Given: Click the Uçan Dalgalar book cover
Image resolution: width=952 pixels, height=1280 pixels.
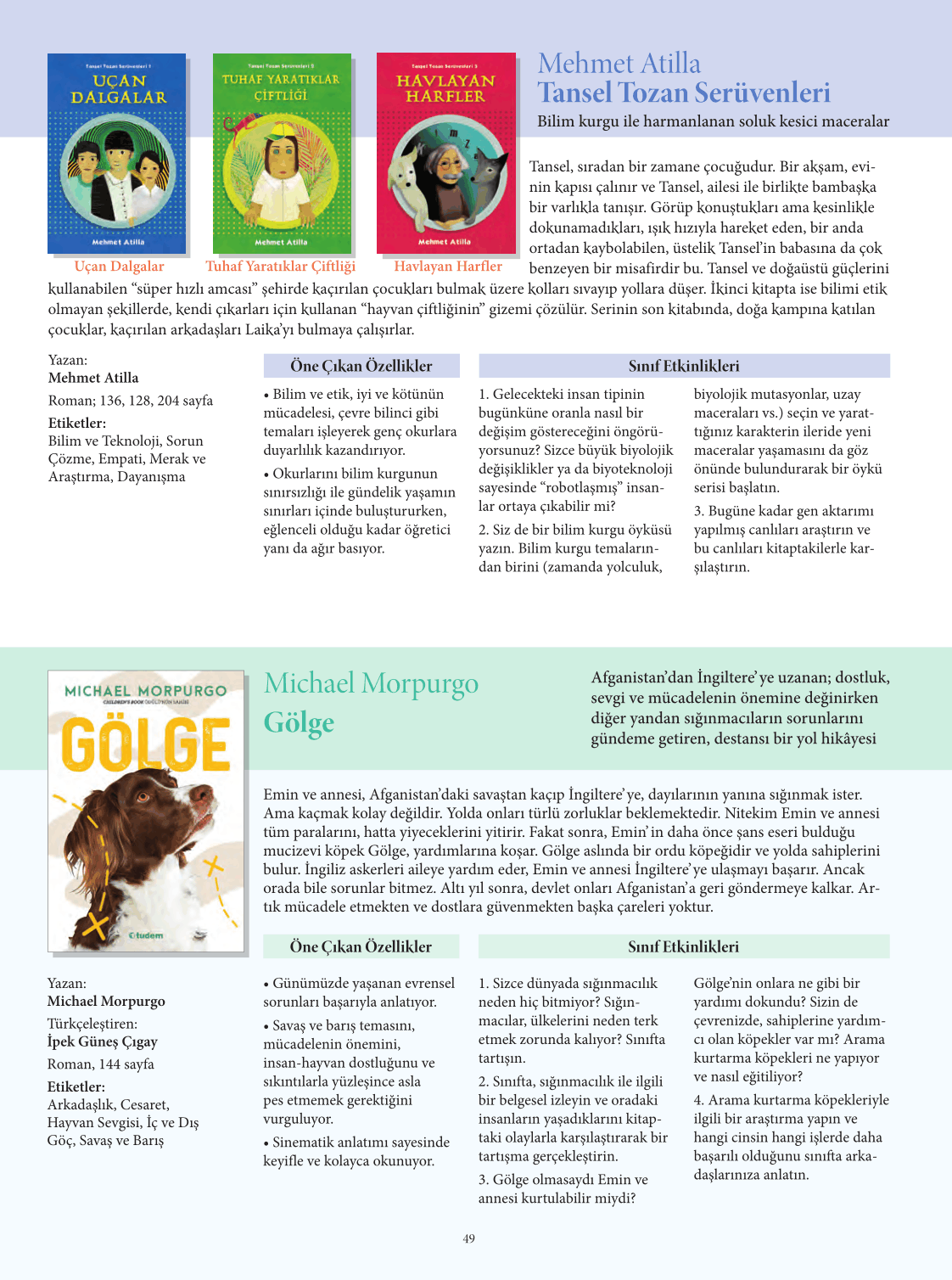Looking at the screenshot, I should pos(117,154).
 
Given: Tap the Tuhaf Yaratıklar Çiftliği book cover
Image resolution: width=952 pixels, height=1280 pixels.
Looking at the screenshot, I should pos(281,154).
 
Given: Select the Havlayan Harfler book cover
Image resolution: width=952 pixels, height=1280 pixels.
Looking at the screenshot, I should pos(445,154).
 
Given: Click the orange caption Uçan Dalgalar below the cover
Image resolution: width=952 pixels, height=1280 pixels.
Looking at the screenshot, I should pos(119,267).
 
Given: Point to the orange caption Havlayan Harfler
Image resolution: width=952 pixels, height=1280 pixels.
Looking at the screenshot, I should pos(448,267).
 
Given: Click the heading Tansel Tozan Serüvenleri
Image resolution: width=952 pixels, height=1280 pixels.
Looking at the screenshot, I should pos(684,93).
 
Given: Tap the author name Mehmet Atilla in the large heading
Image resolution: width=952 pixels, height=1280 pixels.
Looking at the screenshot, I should pos(619,64).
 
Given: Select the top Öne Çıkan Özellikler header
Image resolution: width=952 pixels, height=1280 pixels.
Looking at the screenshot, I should pos(361,366).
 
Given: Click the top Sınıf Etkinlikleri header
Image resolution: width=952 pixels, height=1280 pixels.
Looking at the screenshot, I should pos(684,366).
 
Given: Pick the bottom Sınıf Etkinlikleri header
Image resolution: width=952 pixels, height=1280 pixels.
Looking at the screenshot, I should pos(684,946).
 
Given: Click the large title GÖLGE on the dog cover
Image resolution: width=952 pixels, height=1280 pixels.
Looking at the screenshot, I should pos(147,744).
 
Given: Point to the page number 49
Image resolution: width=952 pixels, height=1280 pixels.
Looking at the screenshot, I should pos(469,1239).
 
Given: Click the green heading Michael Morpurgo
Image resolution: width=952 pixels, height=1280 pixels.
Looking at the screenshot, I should pos(371,683).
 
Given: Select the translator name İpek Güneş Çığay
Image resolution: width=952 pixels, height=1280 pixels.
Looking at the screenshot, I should pos(103,1041).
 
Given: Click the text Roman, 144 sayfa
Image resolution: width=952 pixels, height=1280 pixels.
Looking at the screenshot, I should pos(101,1064).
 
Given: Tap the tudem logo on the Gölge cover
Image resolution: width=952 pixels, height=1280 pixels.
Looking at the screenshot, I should pos(146,935).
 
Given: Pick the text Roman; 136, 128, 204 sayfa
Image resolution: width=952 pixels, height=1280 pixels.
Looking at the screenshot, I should pos(131,401).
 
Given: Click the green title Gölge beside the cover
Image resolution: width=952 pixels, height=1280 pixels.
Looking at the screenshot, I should pos(299,722).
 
